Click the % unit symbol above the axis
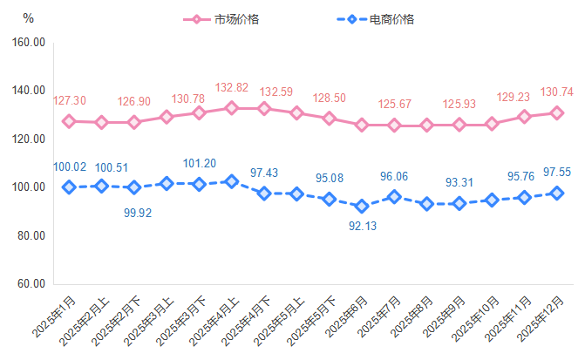point(28,18)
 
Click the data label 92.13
point(362,227)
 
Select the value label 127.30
point(70,101)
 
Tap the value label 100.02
point(69,166)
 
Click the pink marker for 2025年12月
point(556,112)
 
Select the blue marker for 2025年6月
point(362,207)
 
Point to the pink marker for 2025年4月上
point(231,108)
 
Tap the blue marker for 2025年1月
point(69,187)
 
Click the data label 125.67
point(394,105)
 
